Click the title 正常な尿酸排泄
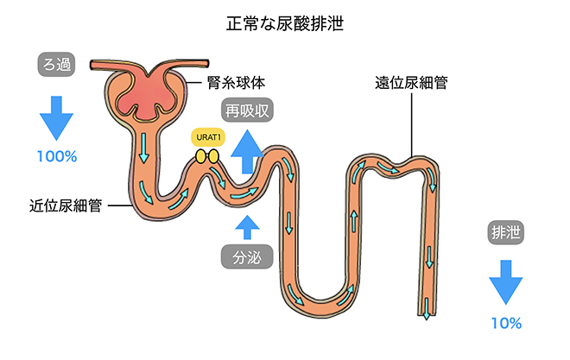coord(284,22)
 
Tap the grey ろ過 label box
coord(57,63)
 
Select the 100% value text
coord(57,156)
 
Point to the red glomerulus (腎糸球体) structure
coord(144,95)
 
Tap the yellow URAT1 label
coord(206,137)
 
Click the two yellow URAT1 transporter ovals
coord(206,156)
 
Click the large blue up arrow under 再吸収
coord(248,150)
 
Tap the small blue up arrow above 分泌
coord(248,226)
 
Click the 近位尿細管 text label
coord(66,206)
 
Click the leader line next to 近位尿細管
coord(120,206)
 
